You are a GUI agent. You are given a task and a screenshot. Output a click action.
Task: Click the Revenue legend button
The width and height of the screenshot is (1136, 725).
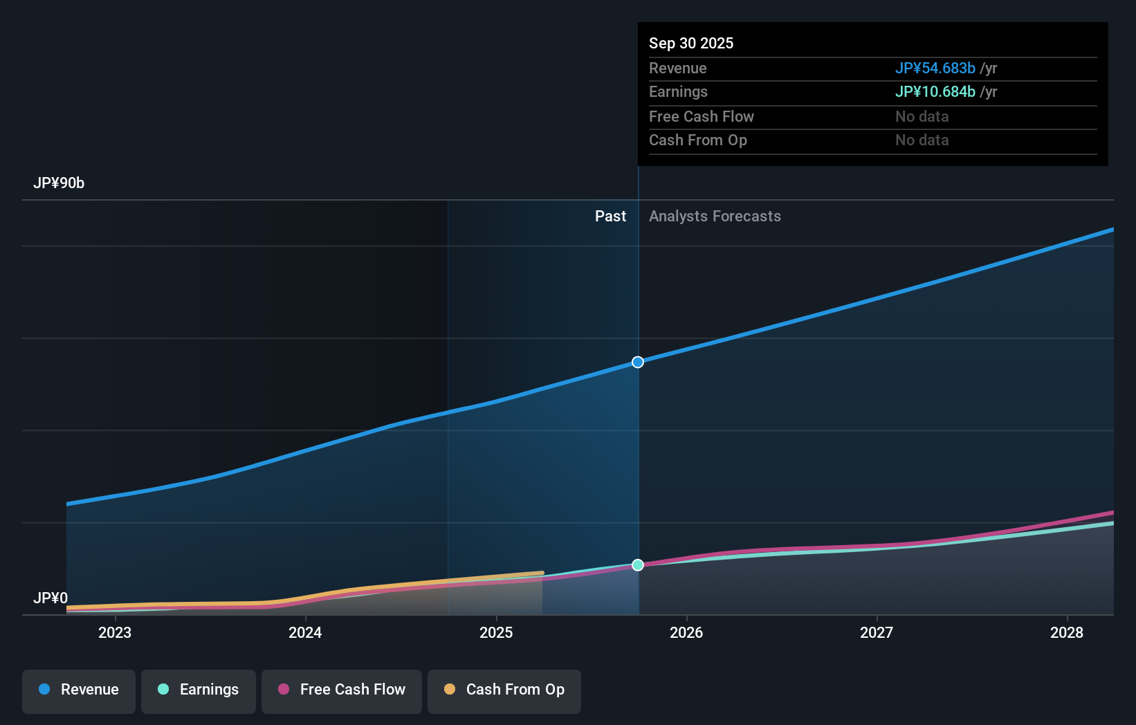(x=79, y=690)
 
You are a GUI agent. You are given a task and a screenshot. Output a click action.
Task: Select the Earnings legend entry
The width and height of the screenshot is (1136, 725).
(x=199, y=690)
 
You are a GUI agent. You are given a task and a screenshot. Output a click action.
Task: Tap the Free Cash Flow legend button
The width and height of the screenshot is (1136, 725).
(x=342, y=690)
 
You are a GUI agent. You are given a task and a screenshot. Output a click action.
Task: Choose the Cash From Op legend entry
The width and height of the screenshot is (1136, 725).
(x=504, y=690)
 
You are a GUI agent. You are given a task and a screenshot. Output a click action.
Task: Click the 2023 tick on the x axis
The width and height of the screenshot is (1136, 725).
(x=115, y=632)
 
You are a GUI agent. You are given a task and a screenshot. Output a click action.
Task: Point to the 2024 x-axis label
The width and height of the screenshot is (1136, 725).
(x=305, y=632)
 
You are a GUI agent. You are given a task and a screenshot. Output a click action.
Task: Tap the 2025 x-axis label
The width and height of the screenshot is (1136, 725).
(x=496, y=632)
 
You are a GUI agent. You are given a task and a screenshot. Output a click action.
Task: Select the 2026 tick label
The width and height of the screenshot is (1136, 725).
(x=686, y=632)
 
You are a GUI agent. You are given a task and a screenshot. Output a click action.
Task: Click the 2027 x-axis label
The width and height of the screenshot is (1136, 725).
(x=877, y=632)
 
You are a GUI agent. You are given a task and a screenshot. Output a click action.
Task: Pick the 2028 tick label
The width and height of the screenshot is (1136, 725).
(x=1067, y=632)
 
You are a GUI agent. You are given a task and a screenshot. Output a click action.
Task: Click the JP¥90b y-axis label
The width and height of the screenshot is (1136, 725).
(x=59, y=183)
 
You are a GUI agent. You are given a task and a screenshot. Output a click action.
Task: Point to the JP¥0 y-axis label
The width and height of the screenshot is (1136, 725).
(x=51, y=598)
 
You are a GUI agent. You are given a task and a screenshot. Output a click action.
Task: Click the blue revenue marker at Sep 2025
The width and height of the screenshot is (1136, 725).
(x=638, y=362)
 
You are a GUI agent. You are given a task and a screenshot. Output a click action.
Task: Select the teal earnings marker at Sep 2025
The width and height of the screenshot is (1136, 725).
(x=638, y=565)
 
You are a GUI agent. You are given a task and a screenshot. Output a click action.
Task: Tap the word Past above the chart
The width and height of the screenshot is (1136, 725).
(x=610, y=217)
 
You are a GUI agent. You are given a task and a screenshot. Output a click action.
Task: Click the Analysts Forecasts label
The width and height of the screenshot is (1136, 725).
(x=715, y=217)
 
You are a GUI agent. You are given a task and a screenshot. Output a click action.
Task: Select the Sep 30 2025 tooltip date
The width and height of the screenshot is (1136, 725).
(x=691, y=43)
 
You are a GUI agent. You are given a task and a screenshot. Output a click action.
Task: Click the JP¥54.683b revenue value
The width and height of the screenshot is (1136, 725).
(x=935, y=68)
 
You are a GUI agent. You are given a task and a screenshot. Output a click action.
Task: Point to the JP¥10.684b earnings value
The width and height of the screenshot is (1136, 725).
(x=935, y=92)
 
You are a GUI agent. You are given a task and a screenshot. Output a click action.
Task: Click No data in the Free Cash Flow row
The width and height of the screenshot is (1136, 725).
(x=922, y=117)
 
